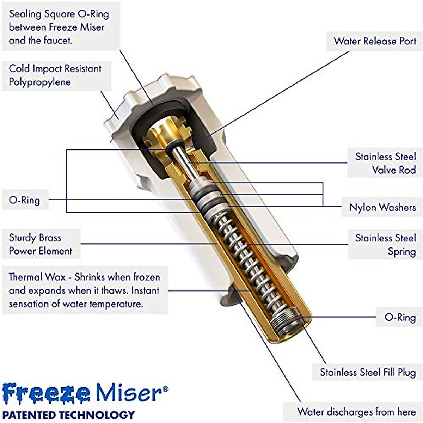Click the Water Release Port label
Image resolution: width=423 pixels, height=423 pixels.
pos(375,41)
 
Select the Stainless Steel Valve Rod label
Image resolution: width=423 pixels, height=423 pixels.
pos(385,163)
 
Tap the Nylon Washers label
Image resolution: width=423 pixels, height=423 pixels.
pos(382,207)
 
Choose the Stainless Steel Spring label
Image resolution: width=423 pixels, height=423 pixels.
pos(385,245)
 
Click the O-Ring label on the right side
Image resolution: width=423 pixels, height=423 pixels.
pos(400,317)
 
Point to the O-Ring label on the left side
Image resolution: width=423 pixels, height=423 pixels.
pos(24,200)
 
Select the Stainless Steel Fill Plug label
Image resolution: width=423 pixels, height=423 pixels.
pos(368,373)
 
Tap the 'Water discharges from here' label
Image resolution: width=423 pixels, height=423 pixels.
pos(356,412)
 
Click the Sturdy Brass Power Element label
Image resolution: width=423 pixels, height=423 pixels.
pos(40,244)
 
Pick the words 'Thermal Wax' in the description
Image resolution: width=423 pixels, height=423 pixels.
pos(37,277)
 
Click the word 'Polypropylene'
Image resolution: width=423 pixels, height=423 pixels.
pos(40,82)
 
